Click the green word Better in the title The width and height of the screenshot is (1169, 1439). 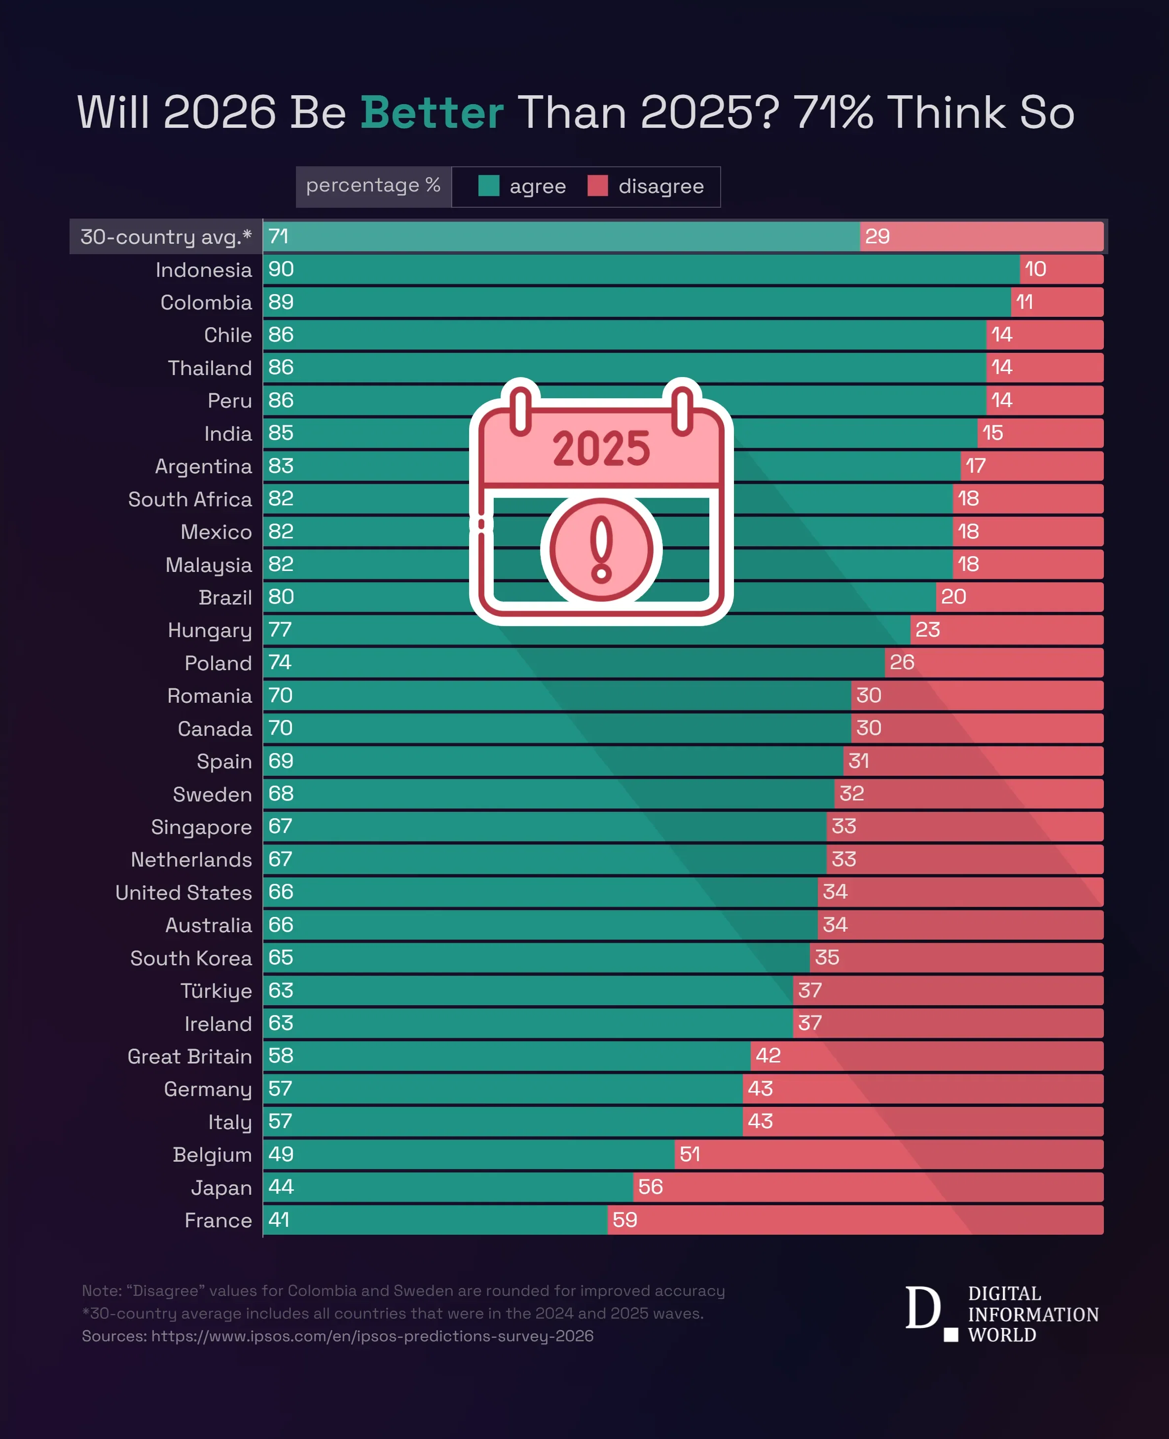[432, 112]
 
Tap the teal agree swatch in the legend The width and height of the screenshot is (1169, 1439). [488, 186]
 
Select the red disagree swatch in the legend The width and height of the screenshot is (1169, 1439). [597, 186]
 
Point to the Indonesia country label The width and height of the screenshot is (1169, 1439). [203, 270]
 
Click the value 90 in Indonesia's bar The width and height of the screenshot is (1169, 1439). [281, 269]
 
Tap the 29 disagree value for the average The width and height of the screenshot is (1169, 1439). [877, 236]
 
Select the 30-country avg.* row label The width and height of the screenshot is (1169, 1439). [166, 237]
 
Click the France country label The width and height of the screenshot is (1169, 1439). [218, 1221]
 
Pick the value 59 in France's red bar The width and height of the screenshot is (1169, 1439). [624, 1220]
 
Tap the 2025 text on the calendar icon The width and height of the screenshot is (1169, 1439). [601, 450]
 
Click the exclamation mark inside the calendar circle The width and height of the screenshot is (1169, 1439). [601, 549]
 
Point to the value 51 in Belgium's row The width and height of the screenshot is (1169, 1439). [690, 1155]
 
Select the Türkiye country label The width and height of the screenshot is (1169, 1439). [216, 991]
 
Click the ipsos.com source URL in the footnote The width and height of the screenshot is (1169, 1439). [372, 1336]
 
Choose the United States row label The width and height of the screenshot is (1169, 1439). [183, 893]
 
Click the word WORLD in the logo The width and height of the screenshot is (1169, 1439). [1001, 1335]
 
